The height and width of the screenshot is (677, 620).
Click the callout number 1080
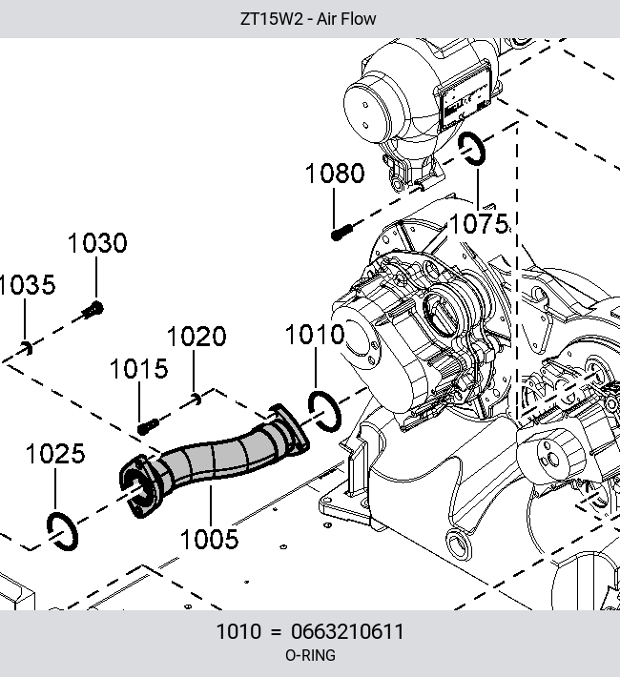pyautogui.click(x=335, y=174)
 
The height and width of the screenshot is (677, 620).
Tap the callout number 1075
pyautogui.click(x=479, y=224)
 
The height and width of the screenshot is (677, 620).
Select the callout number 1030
pyautogui.click(x=97, y=242)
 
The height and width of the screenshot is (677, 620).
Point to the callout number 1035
pyautogui.click(x=27, y=285)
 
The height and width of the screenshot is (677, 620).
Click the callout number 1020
pyautogui.click(x=196, y=337)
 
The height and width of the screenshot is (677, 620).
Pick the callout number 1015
pyautogui.click(x=139, y=369)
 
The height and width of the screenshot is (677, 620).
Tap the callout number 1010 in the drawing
pyautogui.click(x=315, y=335)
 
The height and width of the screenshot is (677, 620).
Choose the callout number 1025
pyautogui.click(x=55, y=454)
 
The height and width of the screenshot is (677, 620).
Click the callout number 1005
pyautogui.click(x=210, y=540)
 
